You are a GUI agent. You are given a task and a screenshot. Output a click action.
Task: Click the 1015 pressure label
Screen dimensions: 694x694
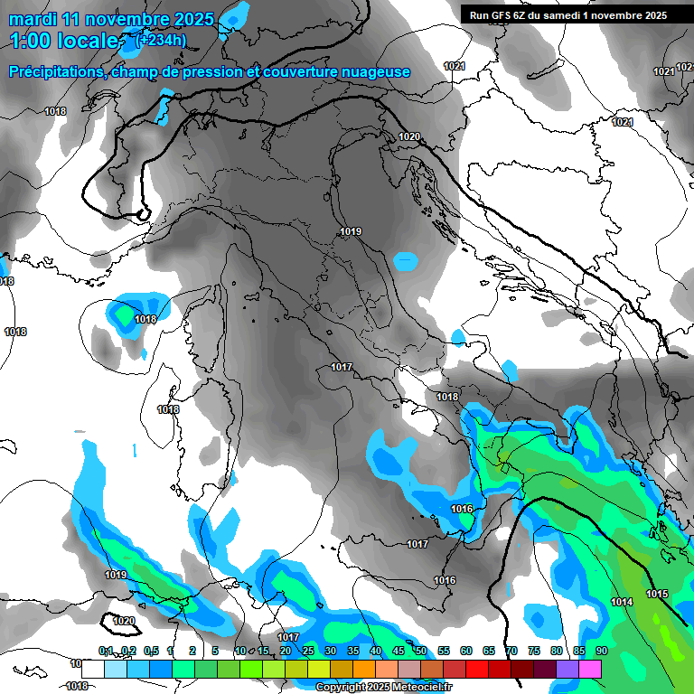pyautogui.click(x=657, y=594)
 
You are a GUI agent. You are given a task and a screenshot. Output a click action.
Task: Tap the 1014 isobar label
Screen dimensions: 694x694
pyautogui.click(x=622, y=602)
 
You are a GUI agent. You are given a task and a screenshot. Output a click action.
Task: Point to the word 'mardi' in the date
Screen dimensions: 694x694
pyautogui.click(x=33, y=19)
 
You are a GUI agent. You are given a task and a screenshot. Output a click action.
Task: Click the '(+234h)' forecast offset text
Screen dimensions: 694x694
pyautogui.click(x=160, y=39)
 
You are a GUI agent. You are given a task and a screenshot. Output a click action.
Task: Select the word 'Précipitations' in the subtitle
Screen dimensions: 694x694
pyautogui.click(x=57, y=71)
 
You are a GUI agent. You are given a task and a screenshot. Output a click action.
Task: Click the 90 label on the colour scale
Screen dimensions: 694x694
pyautogui.click(x=601, y=651)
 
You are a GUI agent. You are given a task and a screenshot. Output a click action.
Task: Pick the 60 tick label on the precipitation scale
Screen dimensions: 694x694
pyautogui.click(x=466, y=651)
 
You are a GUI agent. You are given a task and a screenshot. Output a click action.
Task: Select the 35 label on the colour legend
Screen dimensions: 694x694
pyautogui.click(x=353, y=651)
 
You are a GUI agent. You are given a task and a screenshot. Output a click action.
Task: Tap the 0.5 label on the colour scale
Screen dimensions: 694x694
pyautogui.click(x=149, y=651)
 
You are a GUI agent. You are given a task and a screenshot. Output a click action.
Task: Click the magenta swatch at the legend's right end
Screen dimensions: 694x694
pyautogui.click(x=591, y=669)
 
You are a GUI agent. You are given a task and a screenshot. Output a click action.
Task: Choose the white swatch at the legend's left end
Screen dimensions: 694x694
pyautogui.click(x=92, y=669)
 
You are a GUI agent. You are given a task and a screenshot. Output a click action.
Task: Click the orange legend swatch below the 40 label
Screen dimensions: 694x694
pyautogui.click(x=364, y=669)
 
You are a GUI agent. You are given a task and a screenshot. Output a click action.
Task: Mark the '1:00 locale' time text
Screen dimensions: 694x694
pyautogui.click(x=63, y=41)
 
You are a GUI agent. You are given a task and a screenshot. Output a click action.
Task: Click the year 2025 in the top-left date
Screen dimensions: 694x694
pyautogui.click(x=194, y=19)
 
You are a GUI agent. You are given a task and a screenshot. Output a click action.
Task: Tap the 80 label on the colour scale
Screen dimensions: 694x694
pyautogui.click(x=556, y=651)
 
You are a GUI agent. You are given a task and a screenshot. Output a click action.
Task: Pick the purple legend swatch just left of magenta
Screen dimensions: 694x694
pyautogui.click(x=567, y=669)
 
